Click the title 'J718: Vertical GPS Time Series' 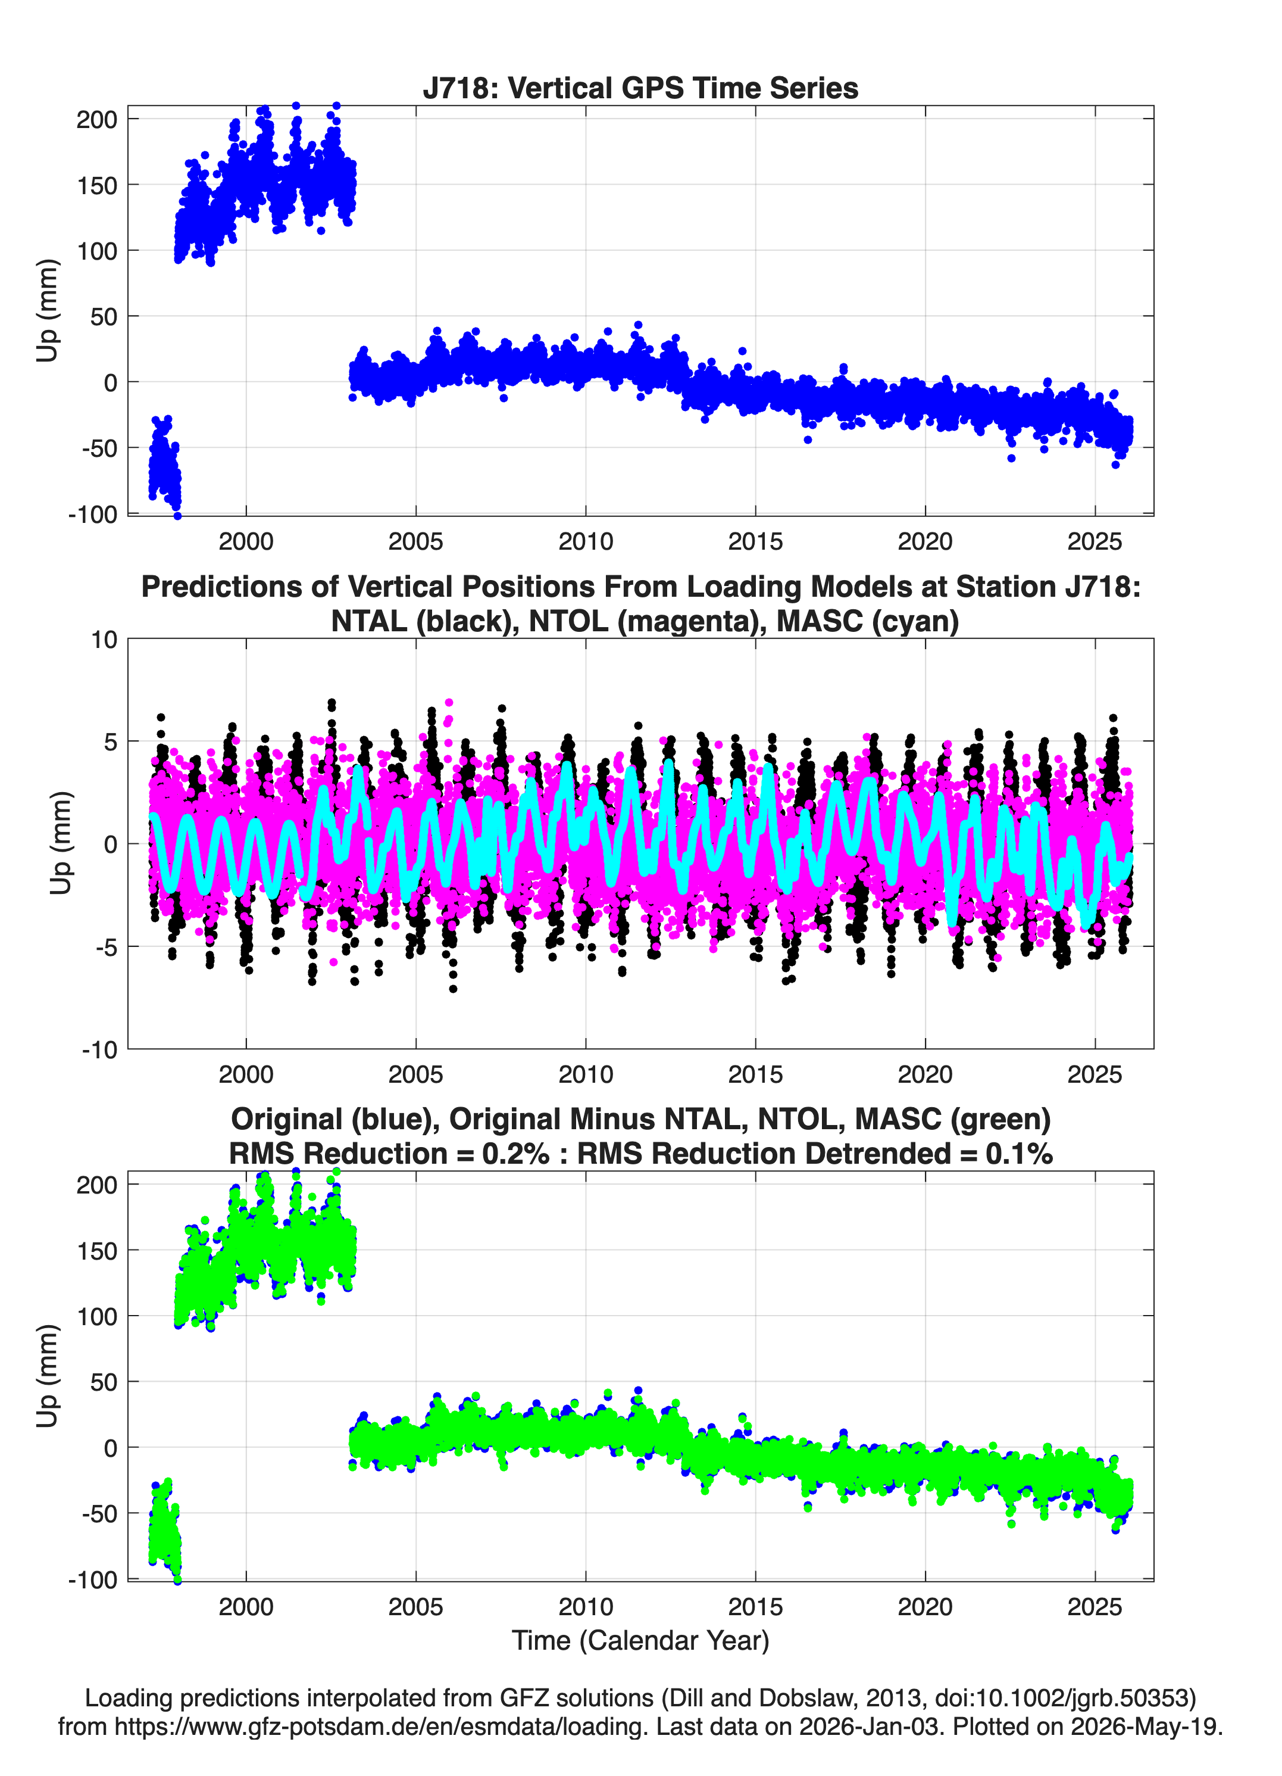(640, 88)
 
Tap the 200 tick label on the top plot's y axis (96, 119)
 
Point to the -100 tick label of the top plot (92, 515)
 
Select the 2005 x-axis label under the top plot (415, 541)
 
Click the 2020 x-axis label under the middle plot (925, 1074)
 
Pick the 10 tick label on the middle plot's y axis (104, 640)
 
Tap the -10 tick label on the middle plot (99, 1049)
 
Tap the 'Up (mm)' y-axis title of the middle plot (61, 843)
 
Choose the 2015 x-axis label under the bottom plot (755, 1606)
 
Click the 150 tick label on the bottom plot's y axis (96, 1251)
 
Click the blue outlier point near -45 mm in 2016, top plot (808, 440)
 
